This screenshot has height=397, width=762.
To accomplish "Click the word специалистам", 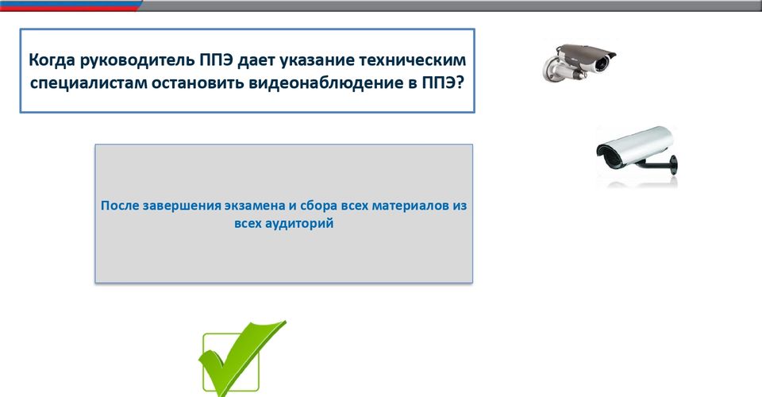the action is [88, 83].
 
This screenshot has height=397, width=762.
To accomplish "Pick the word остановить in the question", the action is [198, 83].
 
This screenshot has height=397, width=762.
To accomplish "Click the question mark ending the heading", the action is [460, 83].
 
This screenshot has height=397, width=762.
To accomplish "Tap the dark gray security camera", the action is [579, 62].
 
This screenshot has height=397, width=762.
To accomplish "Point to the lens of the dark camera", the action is [602, 63].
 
